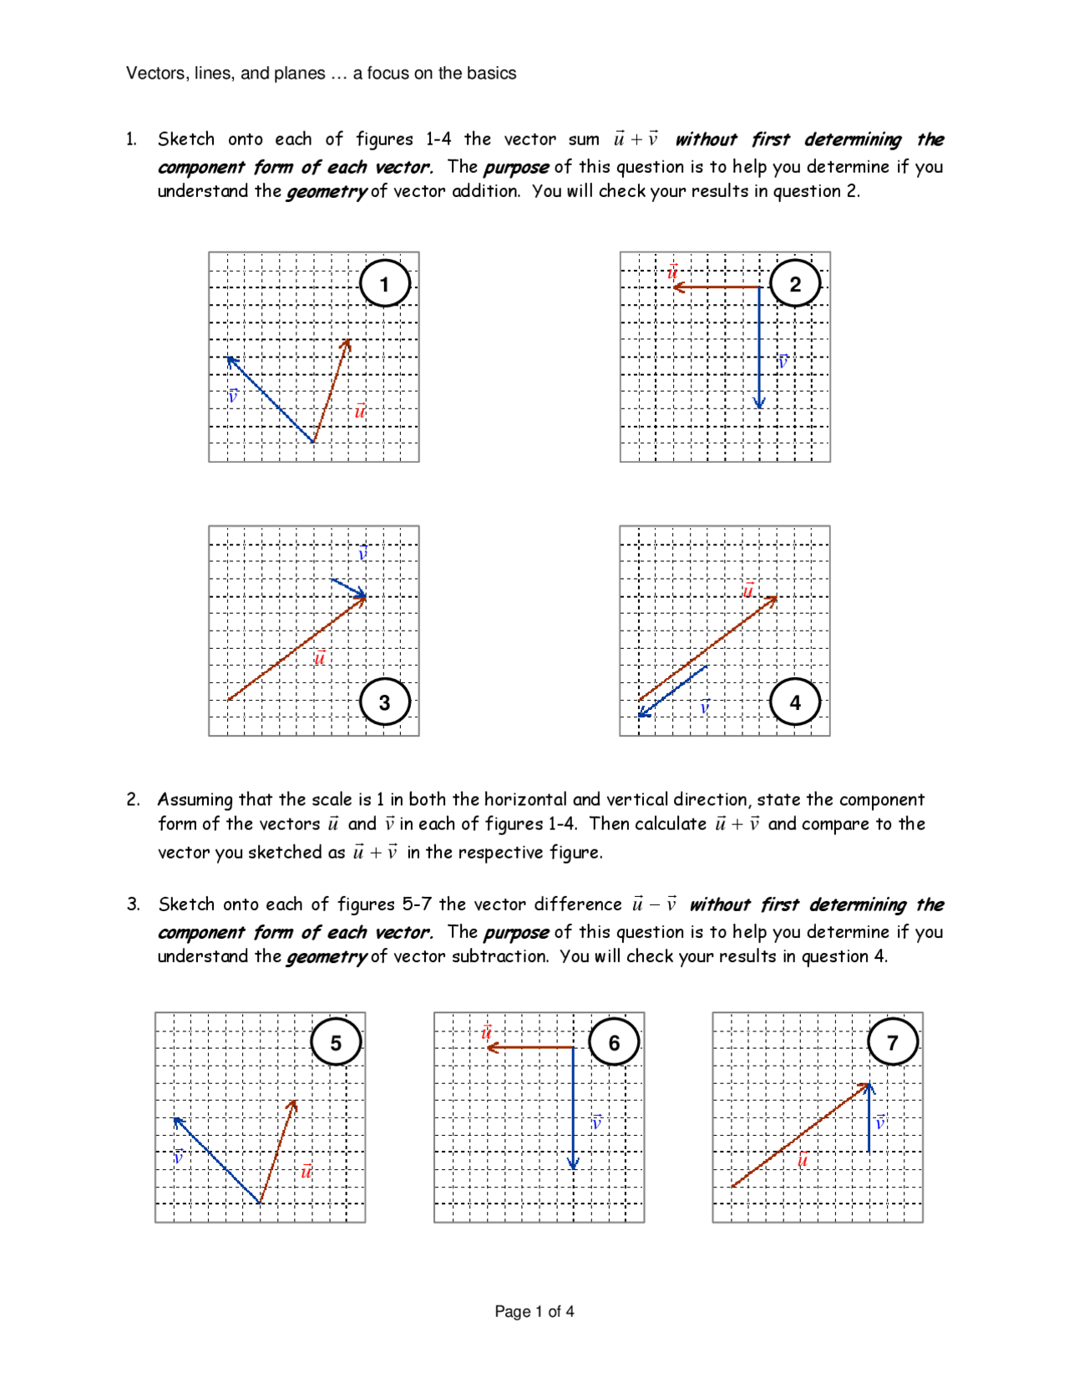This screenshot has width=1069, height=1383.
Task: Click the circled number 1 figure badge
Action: click(x=384, y=284)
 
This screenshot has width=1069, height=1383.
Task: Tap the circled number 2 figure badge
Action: click(x=795, y=284)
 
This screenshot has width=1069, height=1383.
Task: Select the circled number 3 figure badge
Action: click(x=384, y=702)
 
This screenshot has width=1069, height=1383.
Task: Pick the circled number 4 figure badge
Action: click(x=795, y=702)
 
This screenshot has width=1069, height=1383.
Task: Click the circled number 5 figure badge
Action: click(x=336, y=1042)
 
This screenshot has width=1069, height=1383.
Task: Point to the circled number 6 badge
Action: click(x=614, y=1042)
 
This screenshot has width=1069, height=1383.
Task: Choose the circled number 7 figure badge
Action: click(x=892, y=1042)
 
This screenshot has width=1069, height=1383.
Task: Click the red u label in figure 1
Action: click(x=360, y=411)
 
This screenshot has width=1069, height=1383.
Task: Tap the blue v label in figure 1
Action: click(x=233, y=395)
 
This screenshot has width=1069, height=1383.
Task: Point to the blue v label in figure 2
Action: click(x=783, y=361)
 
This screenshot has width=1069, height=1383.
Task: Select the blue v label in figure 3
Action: click(x=362, y=553)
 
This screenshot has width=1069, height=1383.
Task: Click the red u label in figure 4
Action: click(x=748, y=590)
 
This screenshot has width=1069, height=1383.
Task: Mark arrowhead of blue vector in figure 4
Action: click(x=642, y=713)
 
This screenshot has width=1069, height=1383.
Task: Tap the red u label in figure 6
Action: click(x=486, y=1032)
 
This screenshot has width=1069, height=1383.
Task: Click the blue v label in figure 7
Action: click(x=880, y=1123)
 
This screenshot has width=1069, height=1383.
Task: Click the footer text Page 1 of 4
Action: click(x=534, y=1311)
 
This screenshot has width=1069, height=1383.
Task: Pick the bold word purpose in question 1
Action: click(x=516, y=167)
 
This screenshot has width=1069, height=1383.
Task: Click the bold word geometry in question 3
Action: click(x=326, y=957)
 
